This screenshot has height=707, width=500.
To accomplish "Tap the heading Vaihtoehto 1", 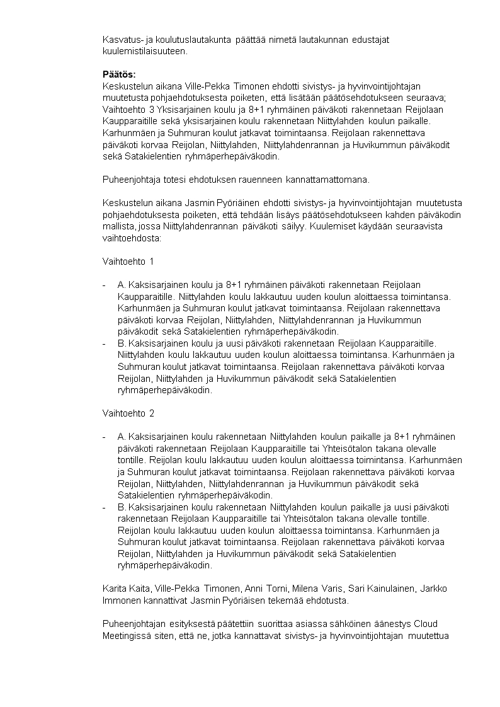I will [128, 261].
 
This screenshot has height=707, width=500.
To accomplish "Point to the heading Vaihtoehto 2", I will [128, 413].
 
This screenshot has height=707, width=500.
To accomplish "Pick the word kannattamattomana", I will [327, 180].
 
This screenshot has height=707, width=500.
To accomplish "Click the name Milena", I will [306, 589].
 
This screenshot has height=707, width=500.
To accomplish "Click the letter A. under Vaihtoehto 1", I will [122, 285].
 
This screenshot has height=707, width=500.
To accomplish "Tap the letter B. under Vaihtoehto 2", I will [122, 507].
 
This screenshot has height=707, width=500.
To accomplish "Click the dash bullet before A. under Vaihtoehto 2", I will [105, 437].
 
